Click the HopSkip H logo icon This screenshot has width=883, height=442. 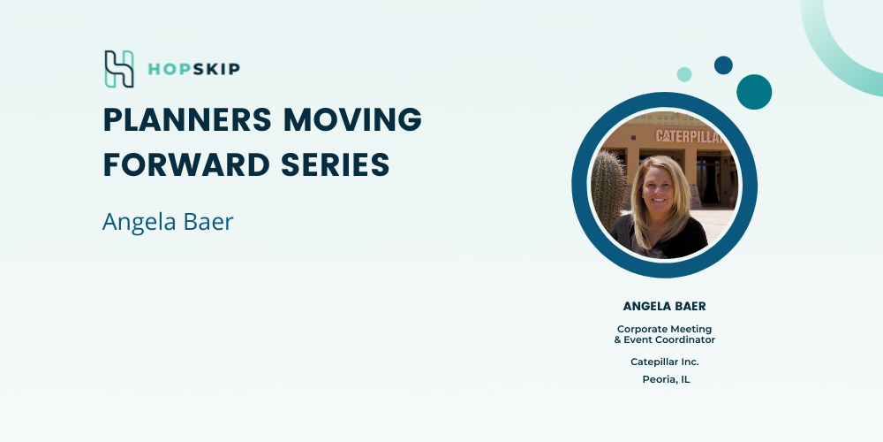point(119,69)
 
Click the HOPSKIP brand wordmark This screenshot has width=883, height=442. point(193,69)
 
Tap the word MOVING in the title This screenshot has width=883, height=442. point(352,119)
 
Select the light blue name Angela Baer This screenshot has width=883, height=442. point(168,222)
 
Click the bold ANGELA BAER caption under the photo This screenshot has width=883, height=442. point(665,306)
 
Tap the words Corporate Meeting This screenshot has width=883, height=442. point(665,329)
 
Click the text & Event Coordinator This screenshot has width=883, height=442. point(665,339)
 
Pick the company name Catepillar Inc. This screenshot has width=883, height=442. point(665,362)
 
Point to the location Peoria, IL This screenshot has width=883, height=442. point(666,379)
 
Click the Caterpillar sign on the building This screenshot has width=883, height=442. point(690,136)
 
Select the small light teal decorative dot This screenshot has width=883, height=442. point(684,74)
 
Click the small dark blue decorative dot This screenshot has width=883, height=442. point(724,65)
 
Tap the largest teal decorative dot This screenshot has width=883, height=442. point(754,92)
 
